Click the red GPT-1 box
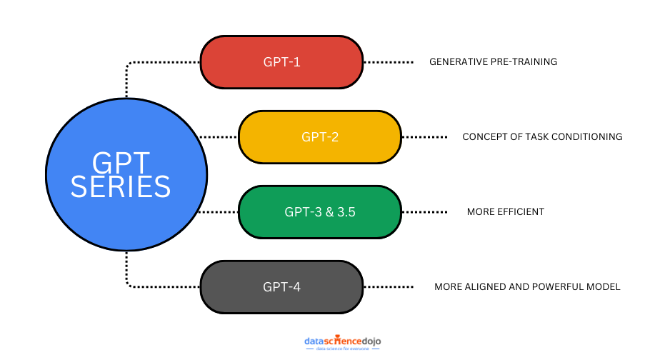[281, 62]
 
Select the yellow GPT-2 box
[319, 136]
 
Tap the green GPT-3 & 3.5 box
[319, 211]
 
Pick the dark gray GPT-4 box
[281, 286]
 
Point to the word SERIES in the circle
[121, 187]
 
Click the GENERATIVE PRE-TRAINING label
[493, 62]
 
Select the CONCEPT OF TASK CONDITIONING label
[542, 137]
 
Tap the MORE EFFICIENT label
[505, 212]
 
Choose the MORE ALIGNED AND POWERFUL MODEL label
[527, 287]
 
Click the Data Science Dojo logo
[343, 342]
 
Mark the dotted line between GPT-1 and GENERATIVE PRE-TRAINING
[389, 62]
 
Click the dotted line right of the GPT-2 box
[425, 136]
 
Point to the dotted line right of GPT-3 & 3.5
[425, 211]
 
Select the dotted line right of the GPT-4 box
[389, 286]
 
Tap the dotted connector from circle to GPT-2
[218, 136]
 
